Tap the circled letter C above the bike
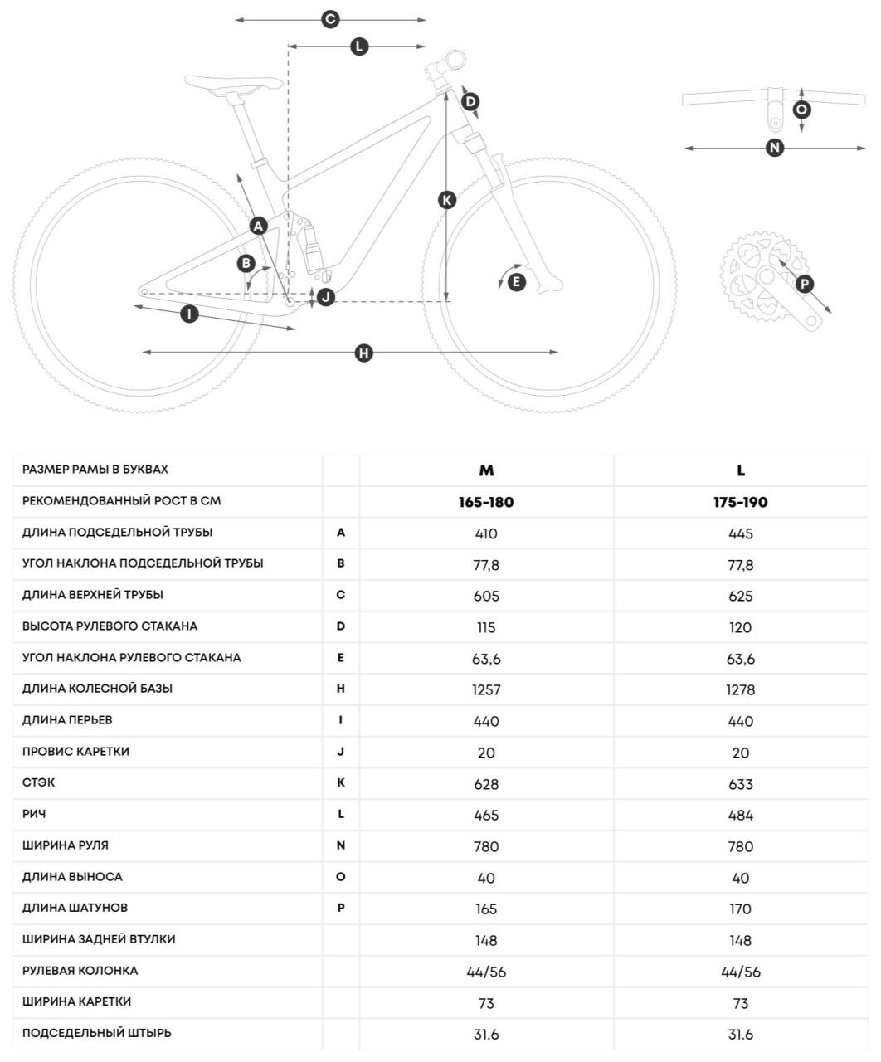330,19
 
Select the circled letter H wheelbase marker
363,353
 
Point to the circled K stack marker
447,200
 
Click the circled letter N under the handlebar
774,148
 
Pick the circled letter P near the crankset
804,284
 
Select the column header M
486,470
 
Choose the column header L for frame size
741,470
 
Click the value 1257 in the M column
486,689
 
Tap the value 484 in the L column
741,815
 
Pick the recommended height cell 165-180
486,502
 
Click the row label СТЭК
39,782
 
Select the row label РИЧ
34,814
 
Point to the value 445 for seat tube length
741,533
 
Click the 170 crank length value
741,909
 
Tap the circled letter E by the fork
516,282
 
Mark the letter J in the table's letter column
341,752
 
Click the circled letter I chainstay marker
190,314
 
